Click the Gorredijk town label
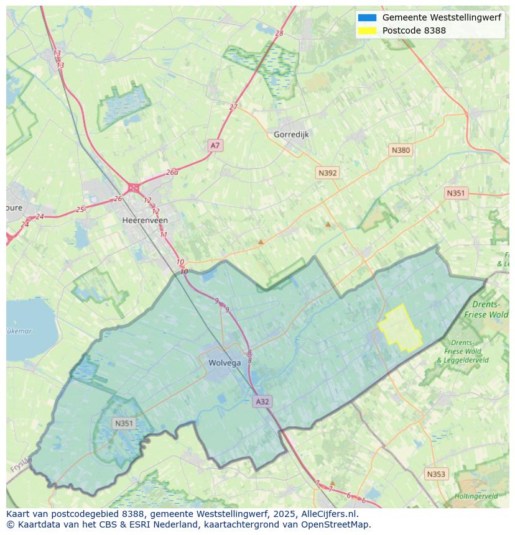coord(291,134)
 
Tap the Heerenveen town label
coord(145,220)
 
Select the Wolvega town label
coord(223,363)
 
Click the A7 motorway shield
coord(215,145)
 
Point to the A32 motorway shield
coord(262,401)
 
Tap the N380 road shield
coord(401,150)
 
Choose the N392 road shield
coord(327,173)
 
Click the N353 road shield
coord(436,474)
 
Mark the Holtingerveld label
coord(476,496)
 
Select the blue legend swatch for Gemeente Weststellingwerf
coord(367,17)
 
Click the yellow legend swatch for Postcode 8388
coord(367,30)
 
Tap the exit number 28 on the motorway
coord(279,33)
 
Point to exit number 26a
coord(172,172)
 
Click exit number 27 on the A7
coord(233,107)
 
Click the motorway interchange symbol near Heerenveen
coord(133,187)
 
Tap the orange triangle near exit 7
coord(332,482)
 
